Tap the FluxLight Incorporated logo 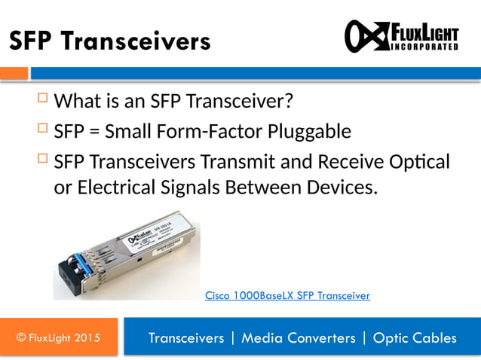click(x=401, y=36)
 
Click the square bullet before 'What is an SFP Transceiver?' click(x=41, y=98)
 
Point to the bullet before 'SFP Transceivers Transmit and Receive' click(x=41, y=160)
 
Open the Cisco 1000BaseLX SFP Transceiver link click(x=287, y=296)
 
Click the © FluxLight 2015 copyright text click(x=58, y=338)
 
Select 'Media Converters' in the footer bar click(x=298, y=338)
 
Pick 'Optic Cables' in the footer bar click(x=415, y=338)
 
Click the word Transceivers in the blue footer click(x=186, y=338)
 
